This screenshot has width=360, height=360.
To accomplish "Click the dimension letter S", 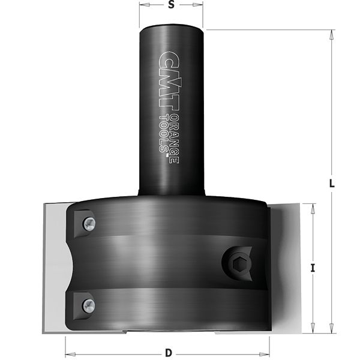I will (171, 5).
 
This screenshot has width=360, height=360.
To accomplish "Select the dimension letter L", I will (332, 184).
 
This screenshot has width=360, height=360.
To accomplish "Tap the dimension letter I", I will (313, 269).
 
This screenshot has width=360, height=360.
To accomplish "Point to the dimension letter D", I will (169, 352).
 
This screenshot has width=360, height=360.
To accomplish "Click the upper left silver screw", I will (89, 223).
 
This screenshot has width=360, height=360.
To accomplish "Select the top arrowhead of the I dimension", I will (313, 208).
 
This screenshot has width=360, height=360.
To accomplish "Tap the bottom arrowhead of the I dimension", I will (313, 328).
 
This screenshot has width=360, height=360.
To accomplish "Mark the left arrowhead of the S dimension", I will (143, 5).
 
